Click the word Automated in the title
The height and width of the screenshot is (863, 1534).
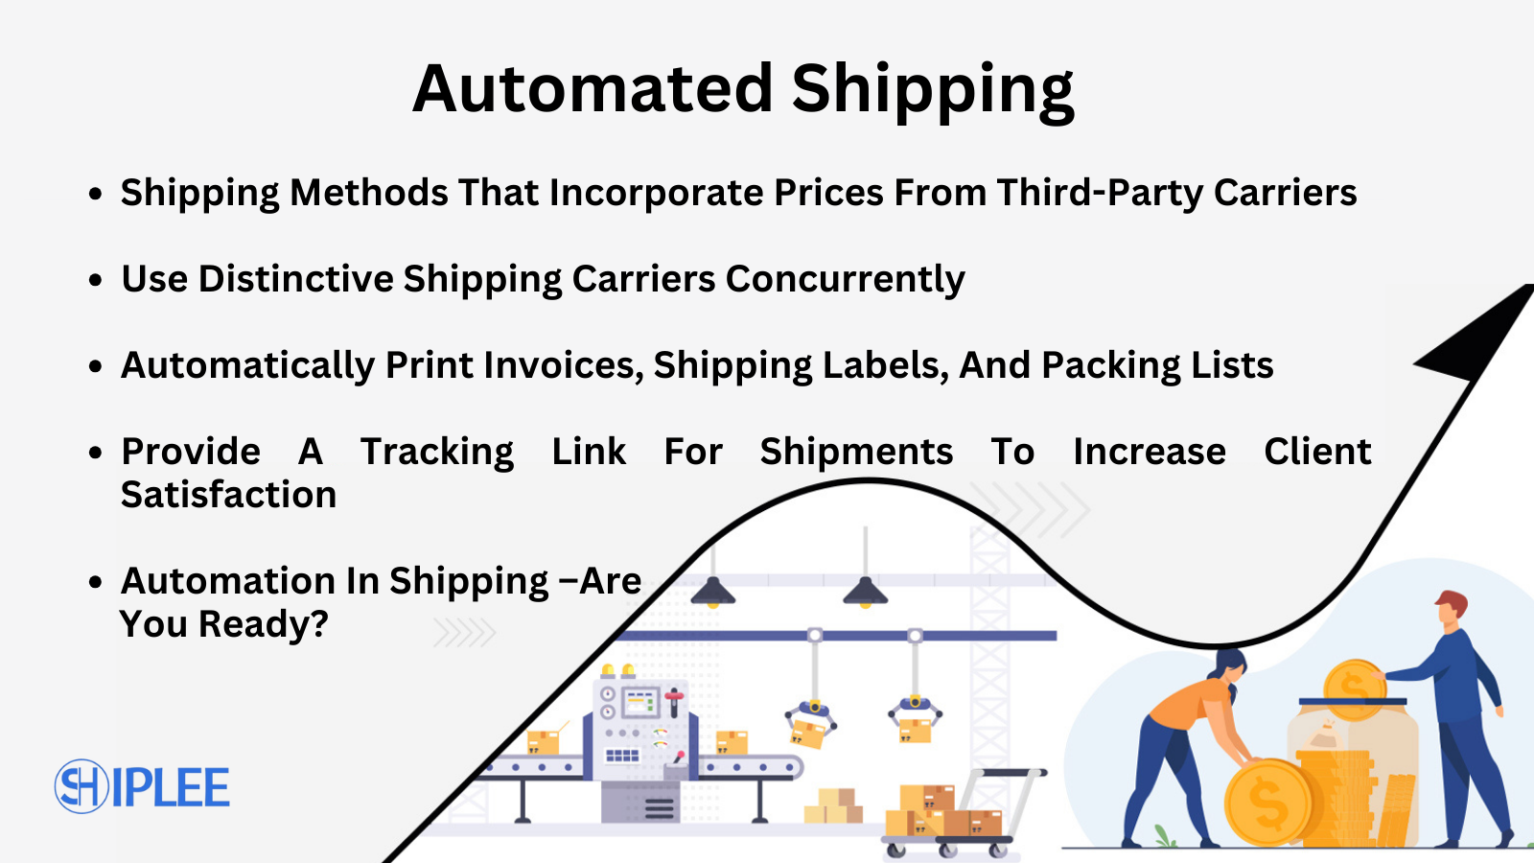[x=593, y=88]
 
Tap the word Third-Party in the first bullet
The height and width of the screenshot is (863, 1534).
[x=1100, y=194]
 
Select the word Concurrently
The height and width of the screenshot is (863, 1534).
[x=845, y=280]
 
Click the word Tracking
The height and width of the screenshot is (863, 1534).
[x=437, y=453]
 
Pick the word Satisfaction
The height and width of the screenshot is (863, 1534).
[x=228, y=495]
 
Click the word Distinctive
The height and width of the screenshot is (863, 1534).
[x=296, y=280]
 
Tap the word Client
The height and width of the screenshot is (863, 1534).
[x=1317, y=452]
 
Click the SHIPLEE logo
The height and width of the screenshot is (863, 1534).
[x=142, y=787]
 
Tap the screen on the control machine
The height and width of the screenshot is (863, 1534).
[x=639, y=703]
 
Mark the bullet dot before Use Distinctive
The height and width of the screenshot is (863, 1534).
[x=95, y=280]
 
